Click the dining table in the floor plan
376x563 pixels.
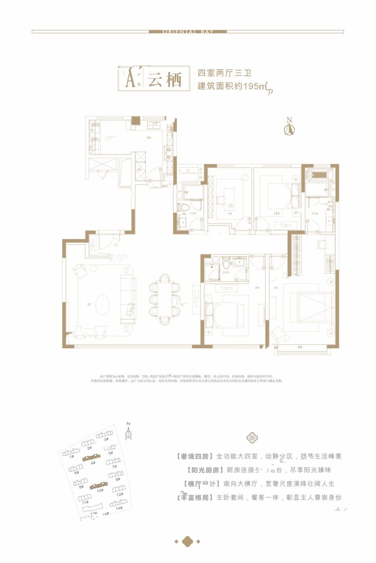[x=165, y=298]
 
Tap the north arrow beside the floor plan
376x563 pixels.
[x=289, y=128]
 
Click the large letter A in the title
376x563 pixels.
[x=130, y=79]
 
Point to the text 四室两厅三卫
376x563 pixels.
[x=224, y=73]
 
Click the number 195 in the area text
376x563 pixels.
[x=251, y=86]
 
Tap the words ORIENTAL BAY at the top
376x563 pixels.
[x=188, y=31]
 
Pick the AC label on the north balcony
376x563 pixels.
[x=188, y=171]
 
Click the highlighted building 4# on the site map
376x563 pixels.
[x=91, y=457]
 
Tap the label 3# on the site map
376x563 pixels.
[x=106, y=439]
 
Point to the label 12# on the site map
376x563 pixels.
[x=119, y=494]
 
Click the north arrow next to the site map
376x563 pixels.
[x=129, y=433]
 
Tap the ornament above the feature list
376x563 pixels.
[x=252, y=438]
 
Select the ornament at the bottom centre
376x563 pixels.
[x=187, y=541]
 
